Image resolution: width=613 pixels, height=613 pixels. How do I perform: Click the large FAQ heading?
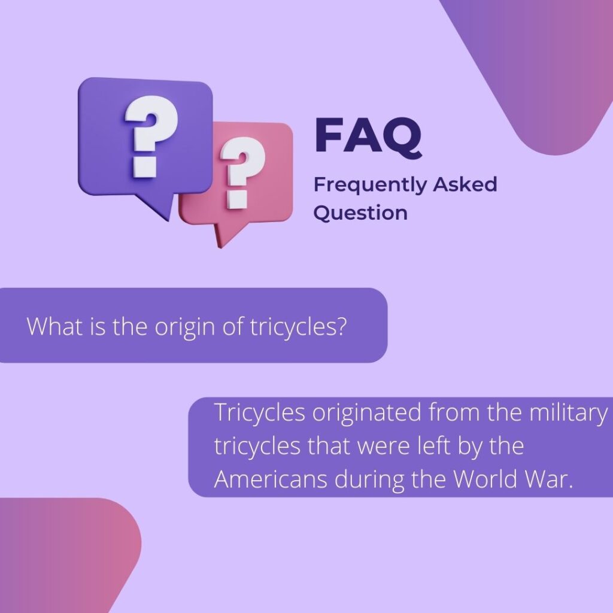(x=368, y=136)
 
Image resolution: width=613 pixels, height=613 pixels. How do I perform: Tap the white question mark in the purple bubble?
(x=151, y=136)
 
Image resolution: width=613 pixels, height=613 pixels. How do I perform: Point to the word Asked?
(x=465, y=184)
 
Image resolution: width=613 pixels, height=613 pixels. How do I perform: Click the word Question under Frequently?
(x=360, y=213)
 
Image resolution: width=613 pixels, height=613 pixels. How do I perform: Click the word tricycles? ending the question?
(x=298, y=327)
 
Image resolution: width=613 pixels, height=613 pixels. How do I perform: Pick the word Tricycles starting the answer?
(x=260, y=413)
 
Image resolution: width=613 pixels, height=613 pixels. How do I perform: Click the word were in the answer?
(x=384, y=448)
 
